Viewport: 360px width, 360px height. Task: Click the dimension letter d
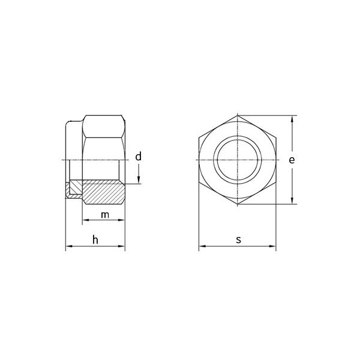(x=138, y=157)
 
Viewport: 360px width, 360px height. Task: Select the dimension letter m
(x=104, y=215)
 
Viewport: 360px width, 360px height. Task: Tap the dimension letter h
(x=95, y=240)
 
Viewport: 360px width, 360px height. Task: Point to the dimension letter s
(x=238, y=239)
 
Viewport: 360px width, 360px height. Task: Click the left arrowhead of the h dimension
(x=68, y=246)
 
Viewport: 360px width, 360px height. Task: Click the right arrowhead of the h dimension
(x=122, y=246)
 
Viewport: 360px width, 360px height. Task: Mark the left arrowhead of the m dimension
(x=85, y=221)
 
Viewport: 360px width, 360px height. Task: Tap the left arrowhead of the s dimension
(x=202, y=246)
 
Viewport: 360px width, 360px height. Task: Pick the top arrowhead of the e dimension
(x=292, y=119)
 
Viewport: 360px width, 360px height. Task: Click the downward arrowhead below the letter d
(x=138, y=181)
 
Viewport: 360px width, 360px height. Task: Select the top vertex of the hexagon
(x=238, y=115)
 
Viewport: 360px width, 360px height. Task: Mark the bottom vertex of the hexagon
(x=238, y=205)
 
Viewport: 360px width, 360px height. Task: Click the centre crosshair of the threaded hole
(x=238, y=160)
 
